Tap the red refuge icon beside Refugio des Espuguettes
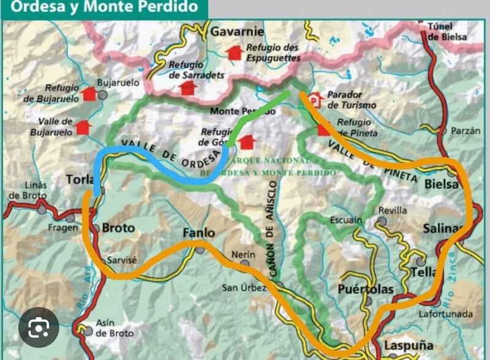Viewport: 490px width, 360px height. point(233,53)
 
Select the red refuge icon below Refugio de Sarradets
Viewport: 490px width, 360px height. point(187,88)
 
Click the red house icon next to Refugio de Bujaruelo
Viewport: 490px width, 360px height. point(89,94)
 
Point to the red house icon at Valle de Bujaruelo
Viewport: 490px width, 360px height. point(83,127)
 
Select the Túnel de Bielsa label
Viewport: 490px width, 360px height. point(447,31)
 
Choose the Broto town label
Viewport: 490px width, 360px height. point(118,228)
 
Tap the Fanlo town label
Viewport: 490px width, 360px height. point(199,233)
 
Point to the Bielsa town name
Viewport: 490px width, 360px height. point(441,184)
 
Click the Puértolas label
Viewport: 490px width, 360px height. point(366,289)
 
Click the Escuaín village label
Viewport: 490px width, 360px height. point(347,219)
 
